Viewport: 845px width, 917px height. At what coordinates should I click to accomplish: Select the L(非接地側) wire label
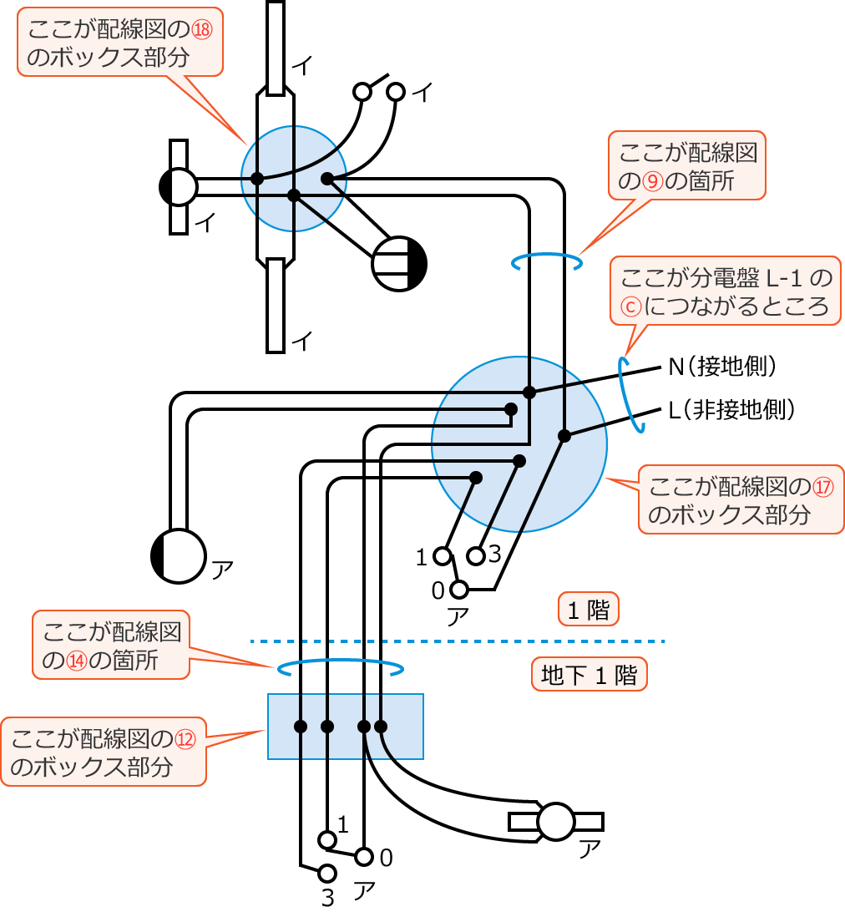[x=731, y=409]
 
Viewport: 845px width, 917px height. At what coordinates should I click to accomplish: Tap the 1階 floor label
[x=588, y=610]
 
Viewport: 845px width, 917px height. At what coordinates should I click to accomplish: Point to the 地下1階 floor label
[x=589, y=675]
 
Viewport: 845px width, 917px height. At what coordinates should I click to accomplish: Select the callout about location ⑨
[x=687, y=165]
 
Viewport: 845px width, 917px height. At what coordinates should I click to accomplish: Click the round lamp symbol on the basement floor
[x=557, y=822]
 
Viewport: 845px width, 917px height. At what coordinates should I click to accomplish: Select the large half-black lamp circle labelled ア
[x=178, y=556]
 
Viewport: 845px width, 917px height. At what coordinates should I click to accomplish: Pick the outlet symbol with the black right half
[x=399, y=264]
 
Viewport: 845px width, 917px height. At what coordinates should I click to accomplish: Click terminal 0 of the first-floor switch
[x=458, y=590]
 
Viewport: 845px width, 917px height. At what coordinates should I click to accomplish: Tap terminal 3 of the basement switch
[x=327, y=874]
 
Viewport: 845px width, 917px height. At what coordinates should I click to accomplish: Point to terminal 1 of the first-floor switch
[x=443, y=555]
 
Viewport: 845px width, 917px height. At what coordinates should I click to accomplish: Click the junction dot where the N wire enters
[x=529, y=392]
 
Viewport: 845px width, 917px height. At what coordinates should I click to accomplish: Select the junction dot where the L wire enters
[x=564, y=435]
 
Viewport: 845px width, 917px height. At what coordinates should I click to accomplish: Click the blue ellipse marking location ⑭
[x=340, y=668]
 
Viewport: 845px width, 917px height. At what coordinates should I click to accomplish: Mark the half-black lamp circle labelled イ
[x=178, y=187]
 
